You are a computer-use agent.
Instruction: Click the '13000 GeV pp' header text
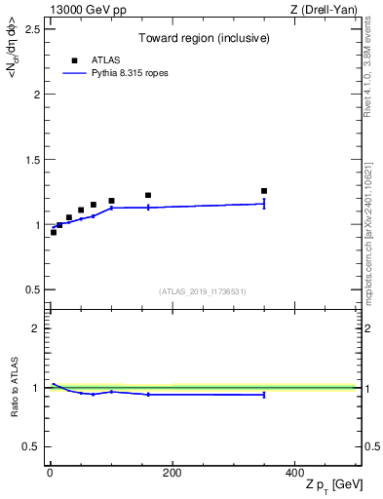click(x=83, y=10)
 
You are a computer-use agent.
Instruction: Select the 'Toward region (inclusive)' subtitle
click(x=204, y=39)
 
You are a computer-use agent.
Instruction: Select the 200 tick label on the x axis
click(x=172, y=473)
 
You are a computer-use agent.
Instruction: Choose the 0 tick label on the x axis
click(x=50, y=473)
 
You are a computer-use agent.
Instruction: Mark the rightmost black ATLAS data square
click(x=264, y=191)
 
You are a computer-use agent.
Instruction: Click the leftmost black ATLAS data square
click(x=54, y=232)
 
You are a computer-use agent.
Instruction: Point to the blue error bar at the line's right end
click(x=264, y=204)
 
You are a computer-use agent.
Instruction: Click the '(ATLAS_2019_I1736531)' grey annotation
click(x=203, y=290)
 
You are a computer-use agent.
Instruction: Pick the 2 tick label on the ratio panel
click(x=35, y=328)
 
